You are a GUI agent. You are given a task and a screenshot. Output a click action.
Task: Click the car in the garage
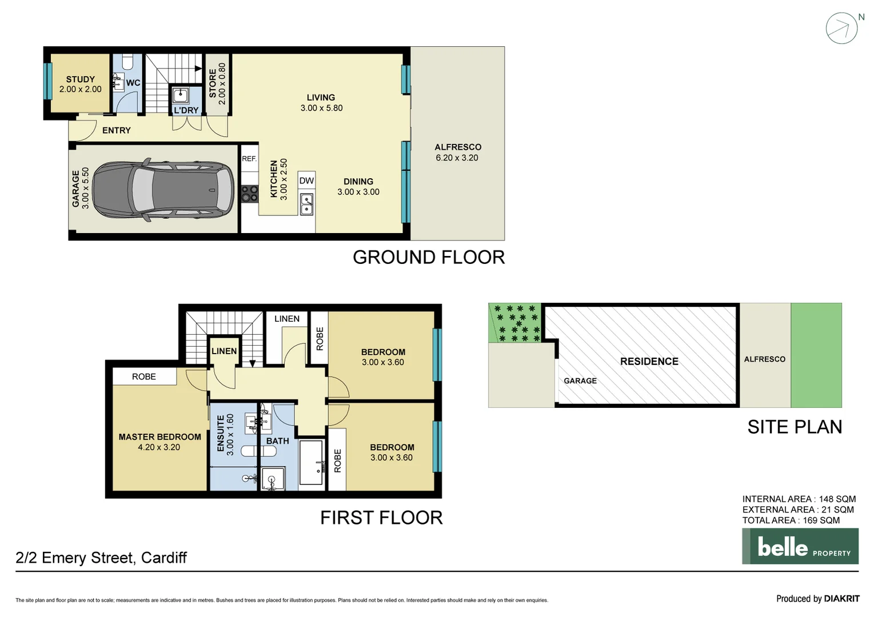[x=163, y=190]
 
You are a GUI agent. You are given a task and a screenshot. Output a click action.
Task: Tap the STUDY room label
[x=81, y=79]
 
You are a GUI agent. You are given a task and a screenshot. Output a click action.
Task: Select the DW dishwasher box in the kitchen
[x=306, y=181]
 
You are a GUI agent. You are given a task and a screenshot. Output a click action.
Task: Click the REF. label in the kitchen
[x=249, y=159]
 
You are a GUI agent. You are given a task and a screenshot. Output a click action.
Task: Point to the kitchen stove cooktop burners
[x=250, y=194]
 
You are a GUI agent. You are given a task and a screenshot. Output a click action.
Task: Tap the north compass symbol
[x=842, y=28]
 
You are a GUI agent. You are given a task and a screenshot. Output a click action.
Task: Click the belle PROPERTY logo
[x=800, y=546]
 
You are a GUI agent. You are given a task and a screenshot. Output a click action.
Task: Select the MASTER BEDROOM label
[x=160, y=437]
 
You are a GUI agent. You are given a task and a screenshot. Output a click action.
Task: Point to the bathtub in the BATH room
[x=311, y=463]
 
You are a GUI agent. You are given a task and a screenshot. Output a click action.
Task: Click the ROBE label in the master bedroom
[x=144, y=376]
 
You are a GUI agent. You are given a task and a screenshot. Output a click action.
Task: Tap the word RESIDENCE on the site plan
[x=649, y=362]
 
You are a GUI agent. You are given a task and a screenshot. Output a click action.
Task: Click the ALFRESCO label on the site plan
[x=764, y=359]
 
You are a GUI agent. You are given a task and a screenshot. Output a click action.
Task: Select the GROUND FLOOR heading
[x=429, y=258]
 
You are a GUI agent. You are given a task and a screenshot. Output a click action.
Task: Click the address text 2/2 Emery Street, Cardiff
[x=101, y=558]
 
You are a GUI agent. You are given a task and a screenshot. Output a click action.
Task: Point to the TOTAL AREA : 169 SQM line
[x=791, y=520]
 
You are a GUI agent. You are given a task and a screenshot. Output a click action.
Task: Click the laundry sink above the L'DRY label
[x=181, y=95]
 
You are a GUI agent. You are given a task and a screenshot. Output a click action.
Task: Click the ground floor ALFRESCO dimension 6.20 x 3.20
[x=457, y=158]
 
